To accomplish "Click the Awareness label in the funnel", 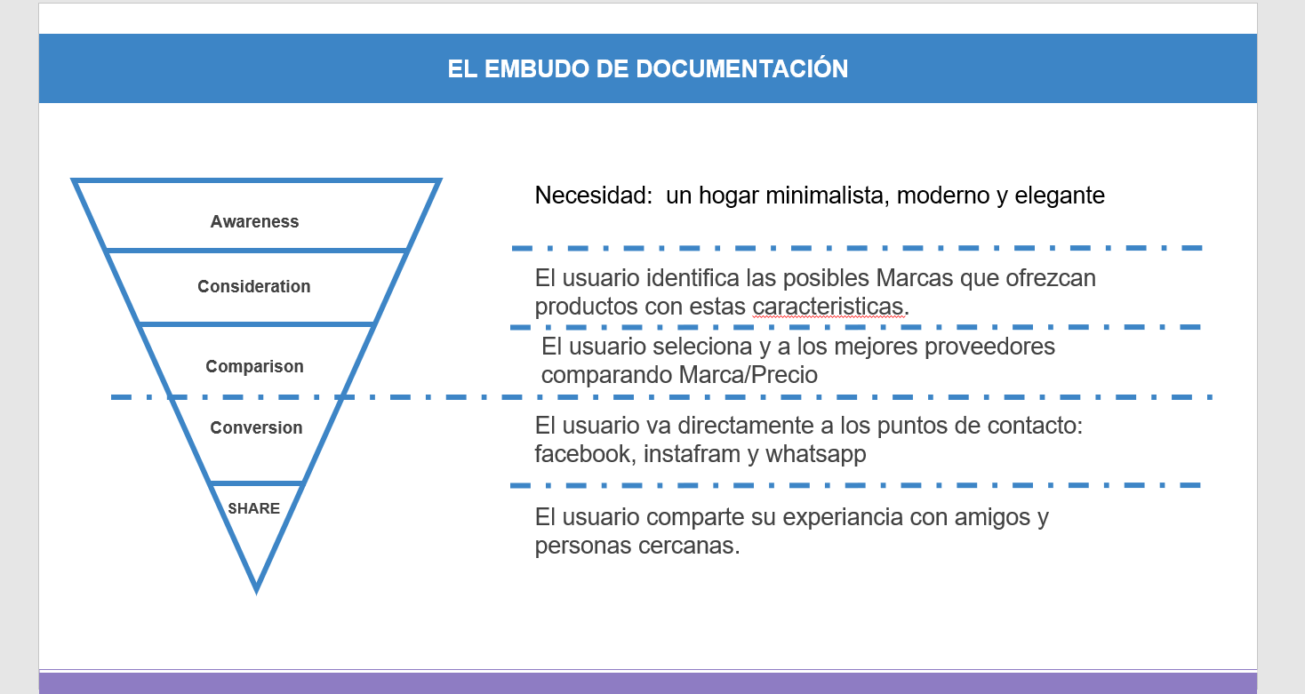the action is [254, 222].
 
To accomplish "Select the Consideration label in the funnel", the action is [254, 286].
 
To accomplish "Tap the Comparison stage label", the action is [254, 366].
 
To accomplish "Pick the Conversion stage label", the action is [256, 427].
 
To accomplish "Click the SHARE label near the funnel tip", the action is [254, 508].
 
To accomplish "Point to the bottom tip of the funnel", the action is [256, 594].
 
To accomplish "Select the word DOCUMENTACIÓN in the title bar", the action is [742, 68].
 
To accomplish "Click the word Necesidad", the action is [594, 195].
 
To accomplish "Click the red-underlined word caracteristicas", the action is [828, 307].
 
